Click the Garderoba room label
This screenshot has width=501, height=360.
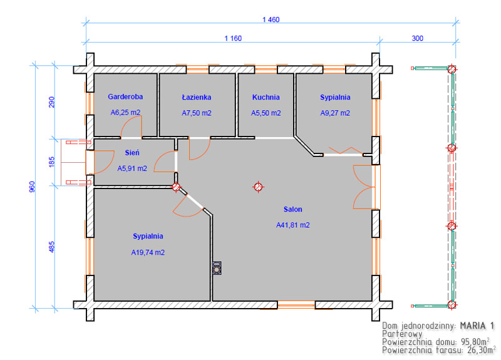[x=125, y=96]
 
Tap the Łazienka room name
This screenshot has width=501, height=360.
[x=197, y=97]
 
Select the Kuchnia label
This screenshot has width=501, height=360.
[x=266, y=97]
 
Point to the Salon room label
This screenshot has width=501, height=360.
[x=292, y=209]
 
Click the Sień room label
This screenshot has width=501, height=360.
[x=132, y=152]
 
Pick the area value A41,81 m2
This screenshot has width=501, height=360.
[x=293, y=225]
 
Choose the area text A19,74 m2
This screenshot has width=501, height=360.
[x=148, y=252]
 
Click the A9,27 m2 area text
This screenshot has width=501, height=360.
[x=335, y=113]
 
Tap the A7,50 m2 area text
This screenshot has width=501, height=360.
[x=197, y=113]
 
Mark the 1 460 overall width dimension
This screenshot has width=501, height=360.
[x=271, y=19]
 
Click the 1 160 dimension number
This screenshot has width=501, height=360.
[x=233, y=38]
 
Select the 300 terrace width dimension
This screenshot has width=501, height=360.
[x=417, y=38]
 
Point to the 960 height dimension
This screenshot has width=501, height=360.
[x=32, y=187]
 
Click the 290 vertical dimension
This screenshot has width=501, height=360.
[x=51, y=102]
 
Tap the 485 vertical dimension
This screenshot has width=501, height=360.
[x=51, y=247]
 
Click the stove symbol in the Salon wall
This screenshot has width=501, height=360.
[x=217, y=268]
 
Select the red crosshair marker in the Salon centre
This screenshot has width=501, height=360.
[x=258, y=187]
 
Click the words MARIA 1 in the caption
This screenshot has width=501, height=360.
[x=477, y=326]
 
